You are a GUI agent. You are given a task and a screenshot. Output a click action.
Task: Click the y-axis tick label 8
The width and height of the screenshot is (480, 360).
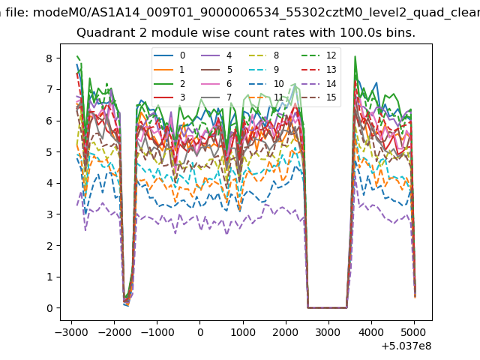(49, 58)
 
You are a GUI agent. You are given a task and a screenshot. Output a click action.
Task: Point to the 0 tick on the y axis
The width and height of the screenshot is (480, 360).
(49, 308)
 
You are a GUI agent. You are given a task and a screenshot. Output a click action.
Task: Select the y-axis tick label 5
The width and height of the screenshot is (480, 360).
(49, 152)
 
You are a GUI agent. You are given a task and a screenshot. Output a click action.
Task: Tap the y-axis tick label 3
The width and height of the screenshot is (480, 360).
(49, 214)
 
